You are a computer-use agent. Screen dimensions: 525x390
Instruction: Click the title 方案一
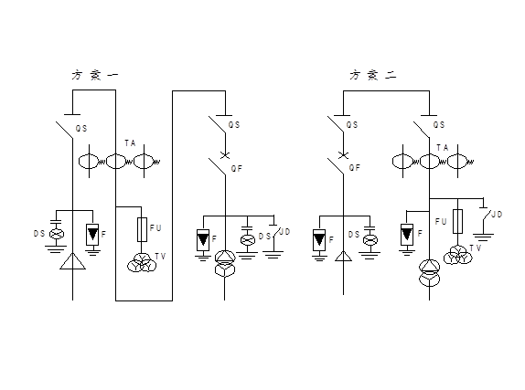click(95, 75)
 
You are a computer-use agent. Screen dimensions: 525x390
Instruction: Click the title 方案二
click(373, 75)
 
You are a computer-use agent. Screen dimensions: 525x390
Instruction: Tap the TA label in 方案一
click(130, 143)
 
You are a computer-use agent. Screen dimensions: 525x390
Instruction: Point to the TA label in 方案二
click(443, 147)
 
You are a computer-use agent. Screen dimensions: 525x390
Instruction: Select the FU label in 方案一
click(155, 228)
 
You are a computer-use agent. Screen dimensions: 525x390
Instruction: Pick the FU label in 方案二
click(441, 221)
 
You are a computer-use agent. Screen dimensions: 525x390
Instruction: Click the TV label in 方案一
click(160, 257)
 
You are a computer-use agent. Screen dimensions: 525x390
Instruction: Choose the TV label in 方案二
click(475, 248)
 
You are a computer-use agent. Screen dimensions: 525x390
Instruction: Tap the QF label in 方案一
click(236, 169)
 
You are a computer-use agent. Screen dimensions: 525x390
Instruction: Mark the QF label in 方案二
click(355, 167)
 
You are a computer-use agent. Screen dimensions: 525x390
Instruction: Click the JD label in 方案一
click(284, 231)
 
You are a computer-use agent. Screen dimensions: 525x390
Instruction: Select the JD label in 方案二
click(497, 214)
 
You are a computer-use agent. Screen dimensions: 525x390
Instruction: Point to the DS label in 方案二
click(354, 235)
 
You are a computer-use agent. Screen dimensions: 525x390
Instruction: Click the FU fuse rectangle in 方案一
click(142, 229)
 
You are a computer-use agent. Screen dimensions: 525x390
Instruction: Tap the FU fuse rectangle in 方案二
click(457, 221)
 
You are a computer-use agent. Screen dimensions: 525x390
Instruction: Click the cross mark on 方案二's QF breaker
click(343, 155)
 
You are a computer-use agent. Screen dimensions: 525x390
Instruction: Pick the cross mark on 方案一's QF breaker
click(225, 155)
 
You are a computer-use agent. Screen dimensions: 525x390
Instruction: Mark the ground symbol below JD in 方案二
click(484, 237)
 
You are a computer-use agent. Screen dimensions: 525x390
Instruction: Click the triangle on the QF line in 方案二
click(343, 257)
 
